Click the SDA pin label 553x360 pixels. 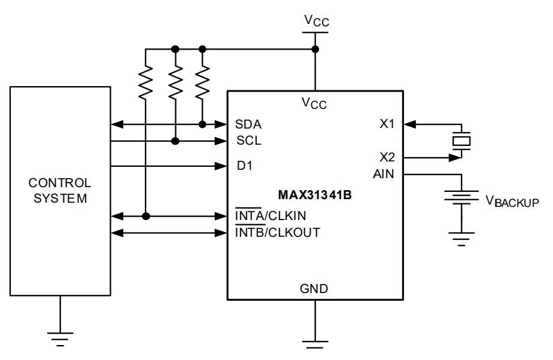(248, 124)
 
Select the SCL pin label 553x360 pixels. (248, 141)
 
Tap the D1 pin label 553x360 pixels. (244, 166)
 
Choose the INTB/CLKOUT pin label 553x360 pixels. (277, 232)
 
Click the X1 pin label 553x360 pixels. (387, 124)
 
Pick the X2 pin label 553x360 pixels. (387, 157)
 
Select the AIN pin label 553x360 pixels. (384, 174)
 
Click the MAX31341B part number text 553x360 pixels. (315, 195)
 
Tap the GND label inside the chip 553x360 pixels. (314, 289)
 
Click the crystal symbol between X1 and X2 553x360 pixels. (461, 141)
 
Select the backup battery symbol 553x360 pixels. (461, 197)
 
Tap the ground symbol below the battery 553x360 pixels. (461, 240)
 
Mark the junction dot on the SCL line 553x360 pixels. (175, 141)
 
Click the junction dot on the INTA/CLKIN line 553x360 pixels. (145, 216)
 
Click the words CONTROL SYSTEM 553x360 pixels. (60, 191)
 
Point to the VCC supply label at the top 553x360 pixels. (316, 21)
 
